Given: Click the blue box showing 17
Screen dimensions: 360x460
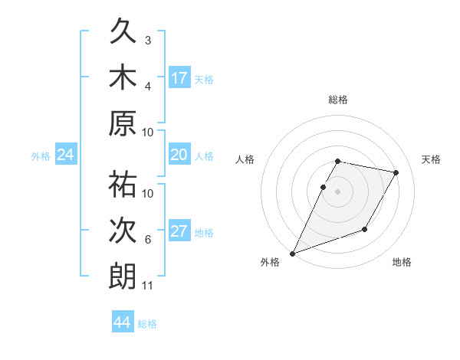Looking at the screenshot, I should [x=179, y=77].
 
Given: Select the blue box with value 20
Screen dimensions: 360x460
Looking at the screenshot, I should [x=179, y=155].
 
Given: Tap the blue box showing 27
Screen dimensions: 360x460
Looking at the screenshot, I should [x=179, y=231].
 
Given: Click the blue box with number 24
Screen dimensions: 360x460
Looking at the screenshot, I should [x=66, y=155].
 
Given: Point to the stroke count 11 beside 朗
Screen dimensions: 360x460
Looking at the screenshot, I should [x=148, y=286].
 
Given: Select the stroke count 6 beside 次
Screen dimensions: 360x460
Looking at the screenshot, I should [x=148, y=240].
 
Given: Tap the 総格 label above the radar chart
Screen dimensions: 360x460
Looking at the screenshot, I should [x=338, y=100].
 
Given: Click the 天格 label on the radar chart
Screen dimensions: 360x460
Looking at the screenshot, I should [x=432, y=159].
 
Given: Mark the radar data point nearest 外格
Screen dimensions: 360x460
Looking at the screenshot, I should [x=292, y=253].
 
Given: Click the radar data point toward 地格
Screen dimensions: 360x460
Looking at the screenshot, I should [x=365, y=229].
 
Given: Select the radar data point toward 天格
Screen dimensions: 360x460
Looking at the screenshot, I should [x=396, y=173].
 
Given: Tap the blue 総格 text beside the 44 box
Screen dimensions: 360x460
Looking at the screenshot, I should [x=147, y=323].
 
